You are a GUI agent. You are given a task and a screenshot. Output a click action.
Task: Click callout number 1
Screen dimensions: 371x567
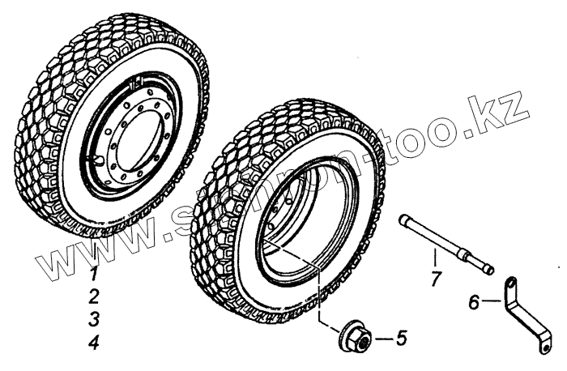(95, 272)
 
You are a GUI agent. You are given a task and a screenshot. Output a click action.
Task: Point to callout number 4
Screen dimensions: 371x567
(95, 343)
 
